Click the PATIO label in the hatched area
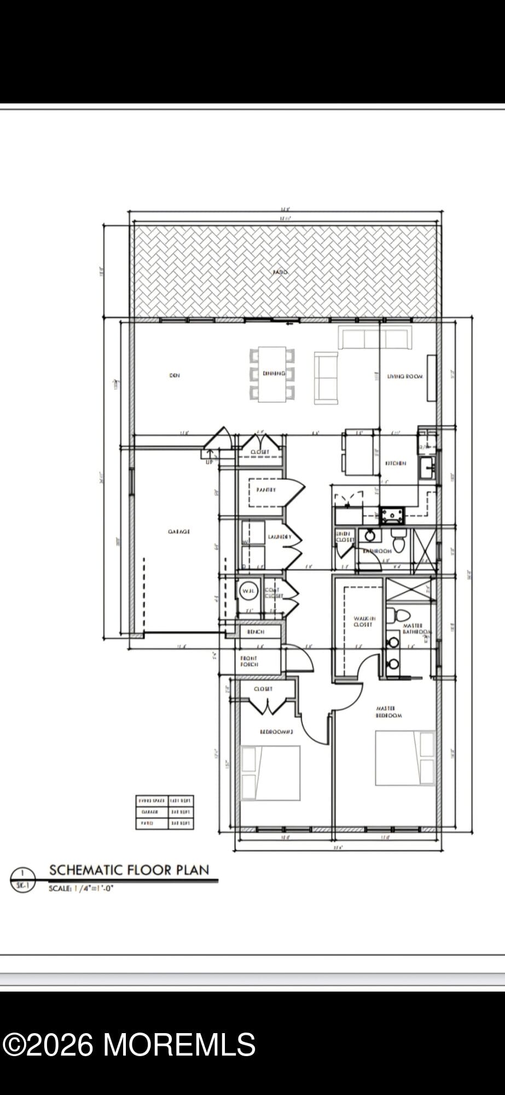click(x=280, y=272)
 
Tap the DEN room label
click(x=174, y=376)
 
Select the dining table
click(x=272, y=374)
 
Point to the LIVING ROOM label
click(x=405, y=377)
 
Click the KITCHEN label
click(x=396, y=464)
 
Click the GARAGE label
click(x=179, y=532)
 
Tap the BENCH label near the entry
click(x=256, y=632)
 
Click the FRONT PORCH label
click(x=249, y=661)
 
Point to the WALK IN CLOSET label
click(x=363, y=621)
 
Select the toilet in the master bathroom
click(x=391, y=614)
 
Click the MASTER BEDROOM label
click(x=389, y=712)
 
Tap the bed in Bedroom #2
click(x=270, y=773)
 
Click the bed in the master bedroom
click(x=404, y=758)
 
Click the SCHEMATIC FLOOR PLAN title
click(x=129, y=870)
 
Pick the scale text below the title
click(x=81, y=889)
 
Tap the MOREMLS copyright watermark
click(x=129, y=1045)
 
